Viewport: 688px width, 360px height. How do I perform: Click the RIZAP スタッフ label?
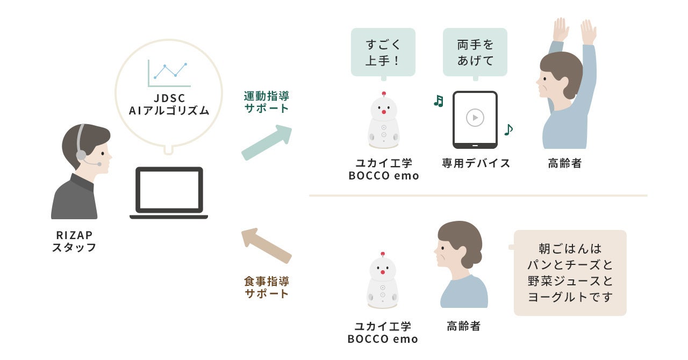(74, 241)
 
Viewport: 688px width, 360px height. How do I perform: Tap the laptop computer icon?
(169, 192)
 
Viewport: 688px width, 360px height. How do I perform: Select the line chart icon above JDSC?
(169, 73)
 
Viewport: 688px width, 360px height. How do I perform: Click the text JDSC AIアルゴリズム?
(169, 105)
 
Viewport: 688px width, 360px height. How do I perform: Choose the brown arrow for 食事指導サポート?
(266, 245)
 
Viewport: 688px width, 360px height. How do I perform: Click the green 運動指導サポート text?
(267, 102)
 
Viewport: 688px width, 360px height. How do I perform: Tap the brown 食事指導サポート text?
(267, 287)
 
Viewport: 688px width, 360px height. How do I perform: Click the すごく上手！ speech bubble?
(383, 52)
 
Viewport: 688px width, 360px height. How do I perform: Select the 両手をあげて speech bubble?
(475, 52)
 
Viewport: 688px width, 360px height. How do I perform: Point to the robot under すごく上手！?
(383, 120)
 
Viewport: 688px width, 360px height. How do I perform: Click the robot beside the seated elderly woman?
(383, 281)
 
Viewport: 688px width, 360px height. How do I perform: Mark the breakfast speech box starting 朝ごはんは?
(570, 272)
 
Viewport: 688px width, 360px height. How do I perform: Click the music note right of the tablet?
(508, 129)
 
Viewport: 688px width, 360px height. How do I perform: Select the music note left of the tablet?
(439, 101)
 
